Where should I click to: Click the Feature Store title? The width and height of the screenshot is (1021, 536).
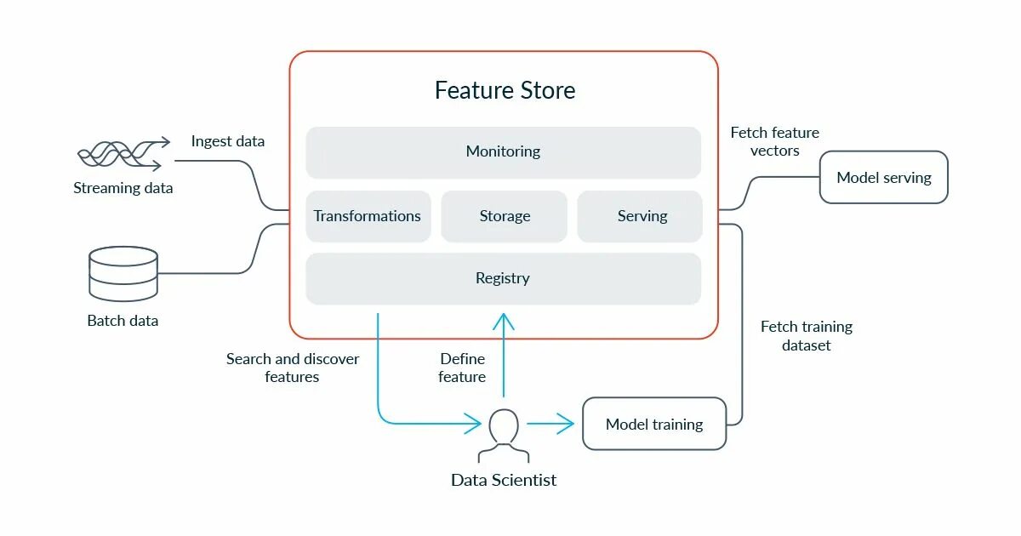coord(505,90)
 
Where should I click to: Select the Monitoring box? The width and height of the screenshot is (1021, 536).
coord(503,152)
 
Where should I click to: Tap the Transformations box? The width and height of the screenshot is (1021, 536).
coord(368,216)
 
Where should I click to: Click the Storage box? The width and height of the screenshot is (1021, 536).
coord(504,216)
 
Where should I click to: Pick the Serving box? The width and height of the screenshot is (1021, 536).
coord(641,216)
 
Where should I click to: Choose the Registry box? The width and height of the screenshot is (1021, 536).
coord(503,278)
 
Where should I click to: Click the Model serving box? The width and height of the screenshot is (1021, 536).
coord(883,178)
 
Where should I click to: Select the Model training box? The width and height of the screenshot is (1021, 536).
coord(653,424)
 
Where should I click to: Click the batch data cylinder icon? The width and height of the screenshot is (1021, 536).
coord(123,273)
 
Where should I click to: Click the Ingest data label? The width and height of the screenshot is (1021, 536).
coord(227,141)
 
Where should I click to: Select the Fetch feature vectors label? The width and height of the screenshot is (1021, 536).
coord(774,141)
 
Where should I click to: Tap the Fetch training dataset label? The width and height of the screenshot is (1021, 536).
coord(806,336)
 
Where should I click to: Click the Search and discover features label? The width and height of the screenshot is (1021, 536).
coord(292,368)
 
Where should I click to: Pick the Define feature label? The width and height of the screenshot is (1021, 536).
coord(462,368)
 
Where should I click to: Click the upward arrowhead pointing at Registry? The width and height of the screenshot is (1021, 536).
coord(504,321)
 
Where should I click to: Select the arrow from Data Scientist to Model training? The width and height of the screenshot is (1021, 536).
coord(550,423)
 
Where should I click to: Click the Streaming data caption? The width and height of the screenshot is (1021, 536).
coord(123,188)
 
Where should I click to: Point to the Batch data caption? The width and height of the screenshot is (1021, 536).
coord(123,321)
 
